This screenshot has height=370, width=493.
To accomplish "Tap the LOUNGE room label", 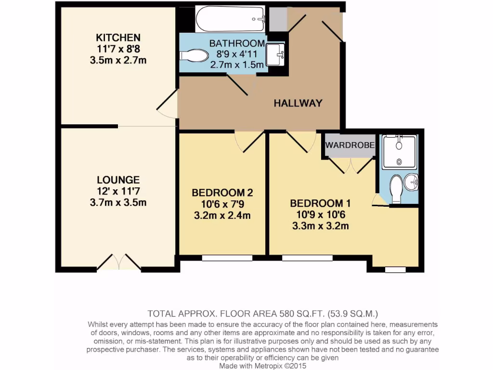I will [x=118, y=180].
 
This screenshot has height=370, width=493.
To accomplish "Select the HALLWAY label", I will [x=298, y=103].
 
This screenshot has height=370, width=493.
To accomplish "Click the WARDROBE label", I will [x=349, y=145].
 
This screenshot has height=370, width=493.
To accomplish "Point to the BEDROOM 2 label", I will [x=222, y=193].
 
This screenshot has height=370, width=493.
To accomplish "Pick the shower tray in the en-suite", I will [x=399, y=152].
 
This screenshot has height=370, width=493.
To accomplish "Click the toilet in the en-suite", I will [x=397, y=188].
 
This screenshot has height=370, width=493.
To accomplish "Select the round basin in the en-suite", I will [x=412, y=182].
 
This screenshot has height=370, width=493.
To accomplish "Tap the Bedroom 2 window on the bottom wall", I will [x=227, y=258].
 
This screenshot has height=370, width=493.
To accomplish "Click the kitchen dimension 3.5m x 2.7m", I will [x=118, y=60].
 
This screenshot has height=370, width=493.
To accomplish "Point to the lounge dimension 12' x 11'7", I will [x=118, y=191].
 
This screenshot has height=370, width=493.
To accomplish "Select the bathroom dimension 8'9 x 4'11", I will [x=237, y=54].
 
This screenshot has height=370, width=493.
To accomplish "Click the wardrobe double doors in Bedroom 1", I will [x=350, y=165].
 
